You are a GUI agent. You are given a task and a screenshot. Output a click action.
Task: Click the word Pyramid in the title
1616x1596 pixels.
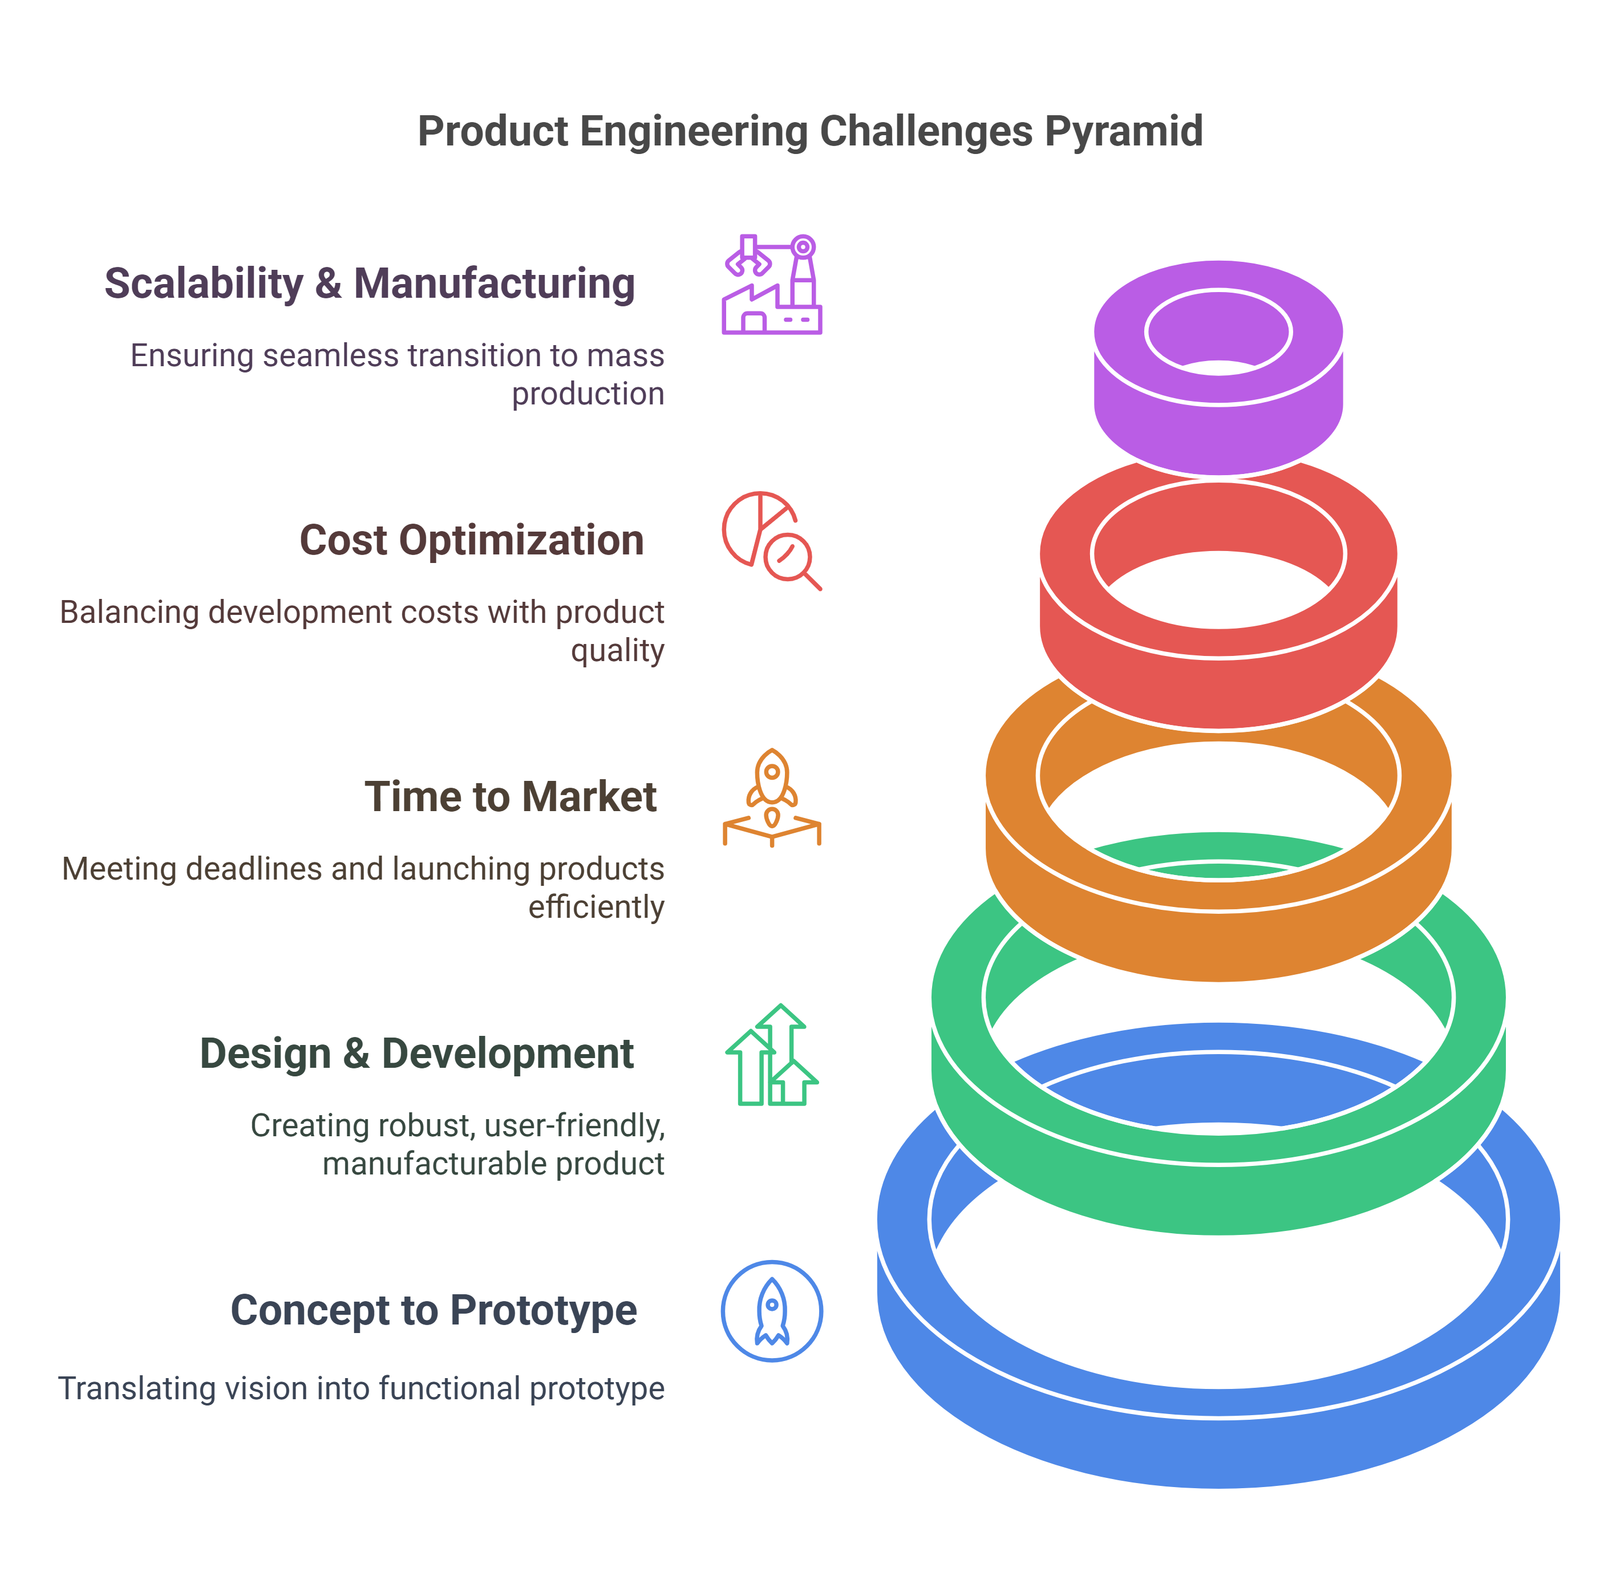click(x=1123, y=131)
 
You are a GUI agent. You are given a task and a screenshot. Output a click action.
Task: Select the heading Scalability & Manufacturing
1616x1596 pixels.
click(x=370, y=283)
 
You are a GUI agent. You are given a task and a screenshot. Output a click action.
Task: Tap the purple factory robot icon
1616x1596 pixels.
click(x=771, y=285)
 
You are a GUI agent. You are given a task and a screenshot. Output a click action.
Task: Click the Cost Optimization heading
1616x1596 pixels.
click(x=472, y=540)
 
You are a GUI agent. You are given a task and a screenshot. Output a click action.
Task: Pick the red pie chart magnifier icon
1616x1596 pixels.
click(x=771, y=540)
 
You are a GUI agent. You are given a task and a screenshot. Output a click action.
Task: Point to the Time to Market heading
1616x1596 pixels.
click(x=510, y=797)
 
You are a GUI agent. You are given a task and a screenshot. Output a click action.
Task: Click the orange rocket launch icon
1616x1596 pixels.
click(x=771, y=797)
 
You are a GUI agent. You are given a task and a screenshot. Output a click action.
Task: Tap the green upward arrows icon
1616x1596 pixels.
click(x=771, y=1055)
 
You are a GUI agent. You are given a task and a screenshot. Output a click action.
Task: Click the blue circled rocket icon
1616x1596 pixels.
click(x=771, y=1311)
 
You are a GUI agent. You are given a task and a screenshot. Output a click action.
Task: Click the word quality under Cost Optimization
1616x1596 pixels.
click(x=617, y=651)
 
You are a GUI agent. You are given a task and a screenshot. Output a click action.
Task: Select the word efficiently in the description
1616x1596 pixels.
click(x=596, y=907)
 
